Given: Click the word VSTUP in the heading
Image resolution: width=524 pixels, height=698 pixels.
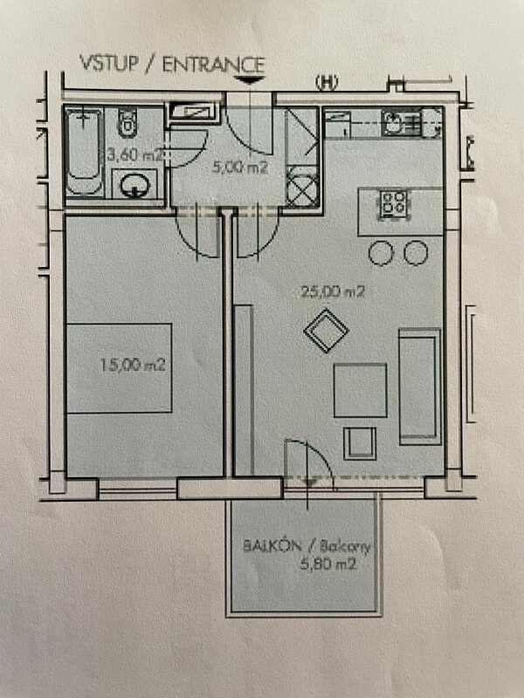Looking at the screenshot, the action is [108, 63].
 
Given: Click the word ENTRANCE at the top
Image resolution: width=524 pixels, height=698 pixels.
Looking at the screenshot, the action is [213, 65].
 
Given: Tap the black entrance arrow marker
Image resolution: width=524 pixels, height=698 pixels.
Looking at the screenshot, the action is [250, 80].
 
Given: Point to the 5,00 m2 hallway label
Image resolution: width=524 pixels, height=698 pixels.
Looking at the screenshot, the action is [240, 168].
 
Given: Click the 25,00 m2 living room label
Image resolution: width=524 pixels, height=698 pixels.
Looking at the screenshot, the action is [333, 292].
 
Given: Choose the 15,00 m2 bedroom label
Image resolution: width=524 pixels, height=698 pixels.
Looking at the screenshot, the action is [133, 365].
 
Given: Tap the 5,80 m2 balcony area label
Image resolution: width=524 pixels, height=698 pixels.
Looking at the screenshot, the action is [328, 565].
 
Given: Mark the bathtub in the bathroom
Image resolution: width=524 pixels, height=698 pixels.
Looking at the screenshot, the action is [84, 152].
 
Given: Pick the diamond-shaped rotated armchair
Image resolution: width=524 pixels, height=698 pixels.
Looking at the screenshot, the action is [326, 331].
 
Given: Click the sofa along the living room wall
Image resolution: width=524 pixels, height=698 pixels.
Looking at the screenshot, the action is [420, 387].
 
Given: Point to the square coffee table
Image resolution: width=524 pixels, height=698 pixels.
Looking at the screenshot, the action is [360, 390].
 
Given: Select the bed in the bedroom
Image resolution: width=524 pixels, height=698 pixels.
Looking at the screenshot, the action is [119, 368].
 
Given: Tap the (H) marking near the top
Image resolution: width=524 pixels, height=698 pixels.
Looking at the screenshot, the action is [327, 83].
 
